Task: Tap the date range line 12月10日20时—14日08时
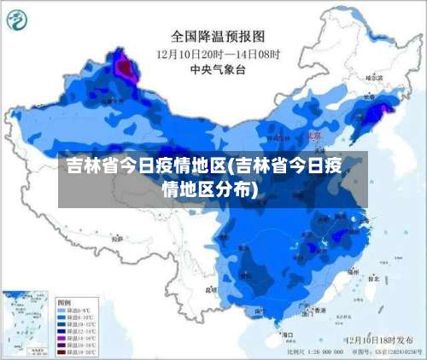(x=218, y=54)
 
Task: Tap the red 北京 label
(x=313, y=135)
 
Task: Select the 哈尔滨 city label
(x=372, y=77)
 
